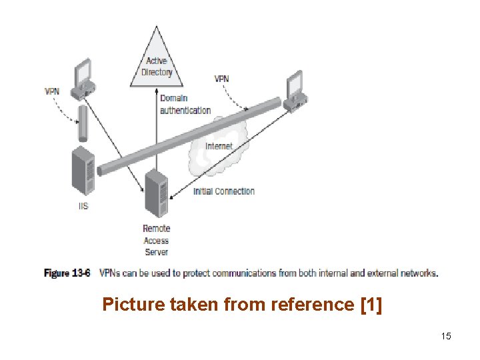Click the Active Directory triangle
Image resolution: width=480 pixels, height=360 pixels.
(x=157, y=63)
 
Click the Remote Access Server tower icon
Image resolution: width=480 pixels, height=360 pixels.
(x=155, y=193)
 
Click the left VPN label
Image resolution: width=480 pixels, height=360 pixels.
(x=52, y=91)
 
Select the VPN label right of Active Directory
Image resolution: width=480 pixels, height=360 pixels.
(x=221, y=79)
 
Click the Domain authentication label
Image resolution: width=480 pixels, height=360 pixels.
(x=185, y=104)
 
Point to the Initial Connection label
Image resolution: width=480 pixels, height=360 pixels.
(x=224, y=191)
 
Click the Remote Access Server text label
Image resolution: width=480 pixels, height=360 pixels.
(x=156, y=240)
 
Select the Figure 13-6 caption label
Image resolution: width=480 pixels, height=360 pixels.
(x=67, y=273)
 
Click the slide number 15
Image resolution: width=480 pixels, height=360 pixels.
(x=446, y=336)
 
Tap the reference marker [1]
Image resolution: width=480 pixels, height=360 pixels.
(x=371, y=305)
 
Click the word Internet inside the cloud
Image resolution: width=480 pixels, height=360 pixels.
(x=219, y=146)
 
